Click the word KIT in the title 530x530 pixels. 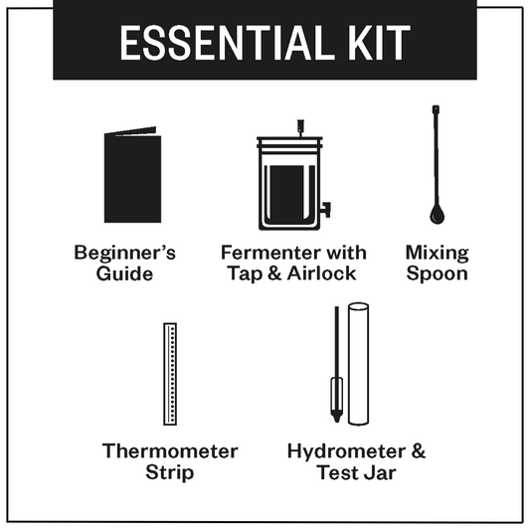coord(377,44)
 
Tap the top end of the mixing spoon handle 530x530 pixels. coord(436,108)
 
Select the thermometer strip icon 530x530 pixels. coord(169,373)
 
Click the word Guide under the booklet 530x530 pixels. coord(125,273)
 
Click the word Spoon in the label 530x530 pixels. coord(437,274)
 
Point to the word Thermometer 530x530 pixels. coord(170,451)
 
